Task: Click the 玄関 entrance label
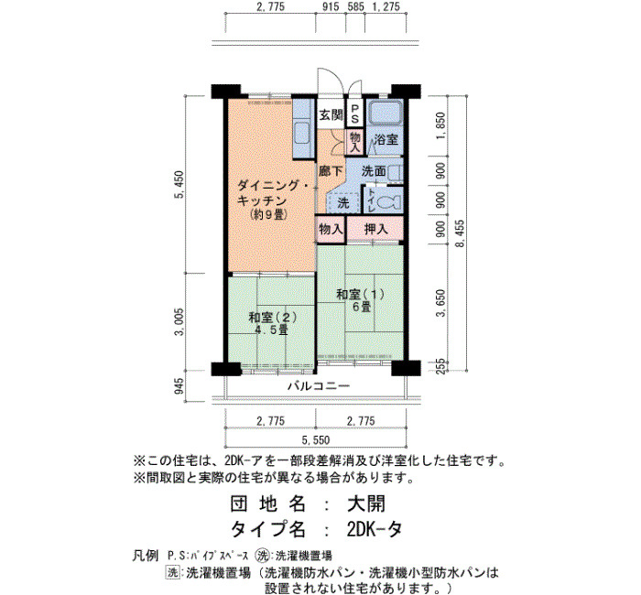click(x=331, y=115)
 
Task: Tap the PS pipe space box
click(x=355, y=113)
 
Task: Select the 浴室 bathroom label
click(x=386, y=139)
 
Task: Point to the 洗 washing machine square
click(x=342, y=202)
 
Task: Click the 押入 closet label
click(x=375, y=229)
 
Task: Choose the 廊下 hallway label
click(x=331, y=170)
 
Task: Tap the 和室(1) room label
click(x=360, y=294)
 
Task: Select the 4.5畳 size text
click(x=271, y=330)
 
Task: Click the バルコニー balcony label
click(x=319, y=385)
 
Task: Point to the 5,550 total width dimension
click(x=315, y=440)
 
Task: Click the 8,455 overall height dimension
click(x=460, y=233)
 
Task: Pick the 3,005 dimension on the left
click(x=179, y=321)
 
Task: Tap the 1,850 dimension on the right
click(x=440, y=125)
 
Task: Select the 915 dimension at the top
click(x=331, y=6)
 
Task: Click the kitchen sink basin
click(x=302, y=134)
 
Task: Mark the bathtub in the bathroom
click(x=385, y=113)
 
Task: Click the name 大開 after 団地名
click(x=366, y=503)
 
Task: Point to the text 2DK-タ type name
click(x=374, y=530)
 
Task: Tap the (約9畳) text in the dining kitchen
click(x=267, y=214)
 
